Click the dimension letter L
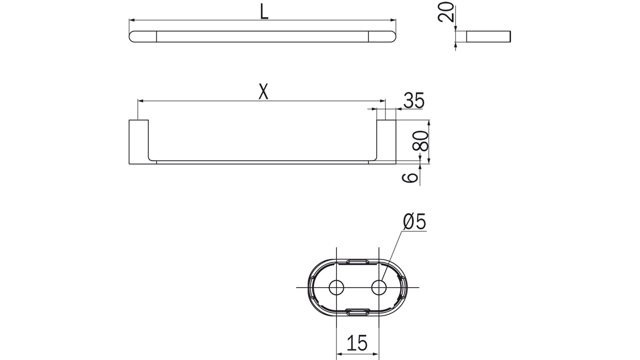tap(264, 13)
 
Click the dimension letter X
tap(263, 92)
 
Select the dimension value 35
tap(414, 101)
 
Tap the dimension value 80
tap(421, 141)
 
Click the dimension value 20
tap(446, 12)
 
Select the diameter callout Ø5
tap(414, 222)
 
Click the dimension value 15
tap(357, 343)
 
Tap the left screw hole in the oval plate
tap(337, 287)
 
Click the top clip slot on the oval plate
tap(357, 262)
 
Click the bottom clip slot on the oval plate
tap(357, 312)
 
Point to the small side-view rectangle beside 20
tap(488, 37)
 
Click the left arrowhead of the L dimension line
tap(132, 21)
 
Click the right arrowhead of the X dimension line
tap(383, 100)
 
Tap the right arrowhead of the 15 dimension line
tap(376, 354)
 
